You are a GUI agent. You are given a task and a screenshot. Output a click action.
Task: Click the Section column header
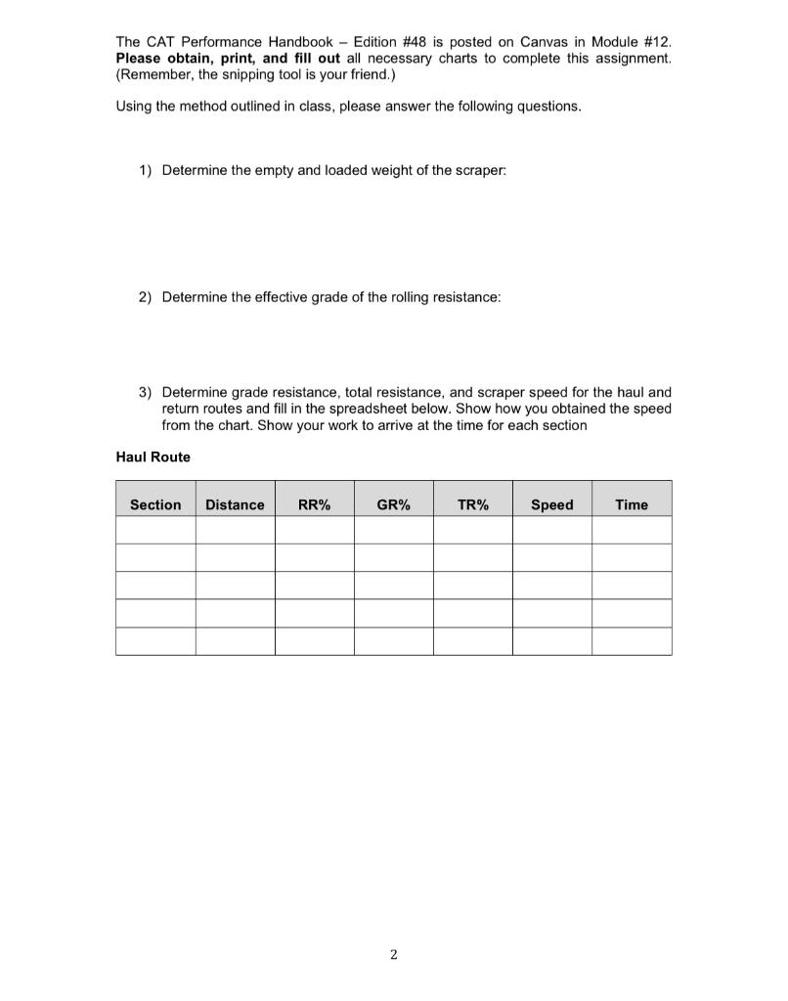[x=155, y=504]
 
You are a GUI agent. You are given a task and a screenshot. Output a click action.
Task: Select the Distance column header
[x=235, y=504]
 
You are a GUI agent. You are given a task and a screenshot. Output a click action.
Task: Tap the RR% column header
[x=314, y=504]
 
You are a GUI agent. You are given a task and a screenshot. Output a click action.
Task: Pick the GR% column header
[x=393, y=504]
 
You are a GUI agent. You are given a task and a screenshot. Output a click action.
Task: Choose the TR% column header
[x=472, y=504]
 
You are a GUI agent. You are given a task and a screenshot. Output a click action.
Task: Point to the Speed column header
[x=551, y=504]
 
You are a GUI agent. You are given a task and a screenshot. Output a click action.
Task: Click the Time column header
[x=632, y=504]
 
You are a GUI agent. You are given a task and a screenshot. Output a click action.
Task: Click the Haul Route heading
[x=153, y=457]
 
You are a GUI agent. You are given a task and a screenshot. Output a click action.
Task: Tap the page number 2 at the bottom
[x=393, y=955]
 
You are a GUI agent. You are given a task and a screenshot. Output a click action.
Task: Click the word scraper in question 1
[x=478, y=170]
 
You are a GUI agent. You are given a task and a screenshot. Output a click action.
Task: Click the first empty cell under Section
[x=155, y=530]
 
